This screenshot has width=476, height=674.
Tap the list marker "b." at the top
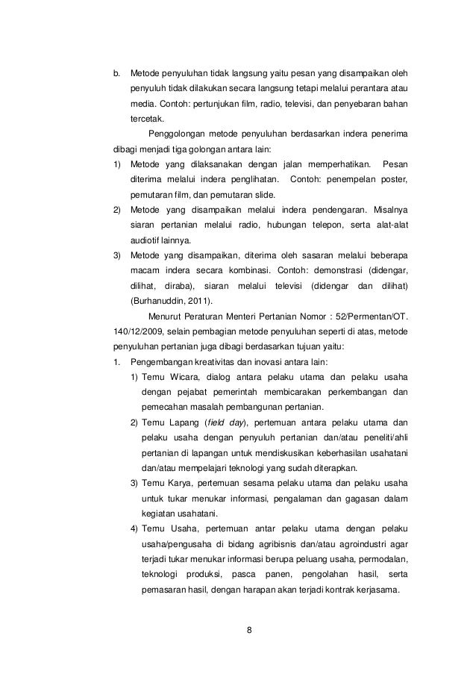(x=116, y=75)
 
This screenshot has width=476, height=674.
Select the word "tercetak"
(x=148, y=119)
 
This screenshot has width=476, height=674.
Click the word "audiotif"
(x=145, y=240)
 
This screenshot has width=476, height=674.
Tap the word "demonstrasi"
(x=335, y=270)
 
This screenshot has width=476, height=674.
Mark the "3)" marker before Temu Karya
(x=135, y=483)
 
